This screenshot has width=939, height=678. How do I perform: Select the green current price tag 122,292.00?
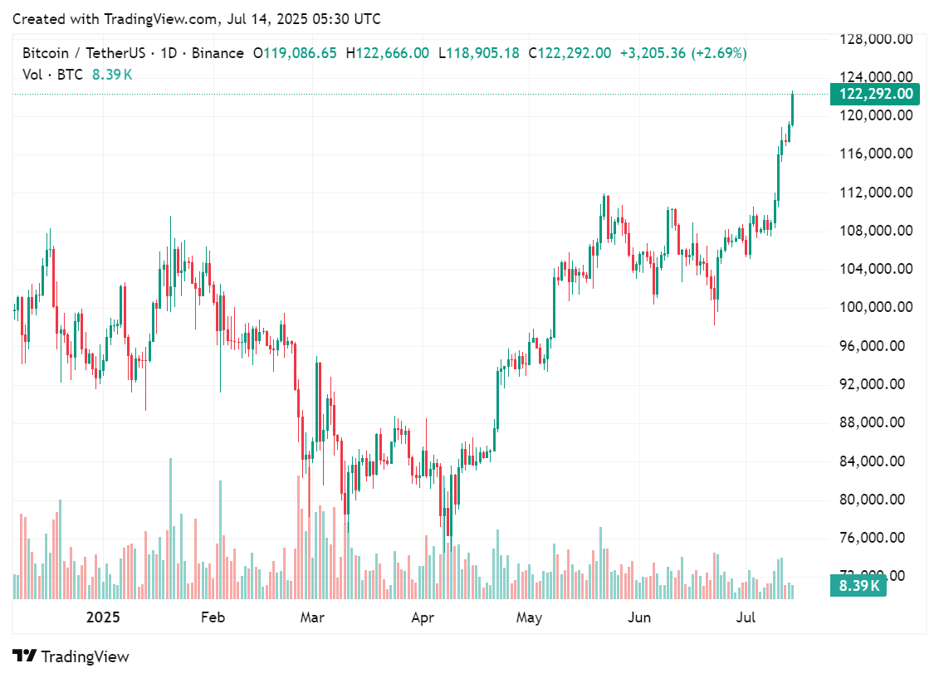pyautogui.click(x=875, y=94)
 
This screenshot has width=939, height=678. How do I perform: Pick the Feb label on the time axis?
pyautogui.click(x=213, y=617)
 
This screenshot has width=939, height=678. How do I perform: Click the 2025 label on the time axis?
pyautogui.click(x=104, y=617)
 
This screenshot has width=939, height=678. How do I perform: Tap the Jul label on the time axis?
pyautogui.click(x=747, y=617)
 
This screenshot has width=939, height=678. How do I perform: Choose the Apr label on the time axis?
pyautogui.click(x=423, y=617)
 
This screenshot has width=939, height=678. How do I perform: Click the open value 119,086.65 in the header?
pyautogui.click(x=300, y=53)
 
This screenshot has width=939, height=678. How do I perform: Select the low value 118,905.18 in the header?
pyautogui.click(x=482, y=53)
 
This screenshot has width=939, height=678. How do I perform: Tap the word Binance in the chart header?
pyautogui.click(x=218, y=53)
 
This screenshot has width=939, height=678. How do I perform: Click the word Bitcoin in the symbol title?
pyautogui.click(x=46, y=53)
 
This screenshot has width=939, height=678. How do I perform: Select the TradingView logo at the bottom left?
pyautogui.click(x=71, y=656)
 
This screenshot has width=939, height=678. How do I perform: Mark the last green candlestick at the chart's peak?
pyautogui.click(x=793, y=109)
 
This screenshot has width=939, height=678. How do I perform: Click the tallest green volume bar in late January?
pyautogui.click(x=171, y=528)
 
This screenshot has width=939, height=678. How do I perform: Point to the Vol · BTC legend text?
pyautogui.click(x=52, y=75)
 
